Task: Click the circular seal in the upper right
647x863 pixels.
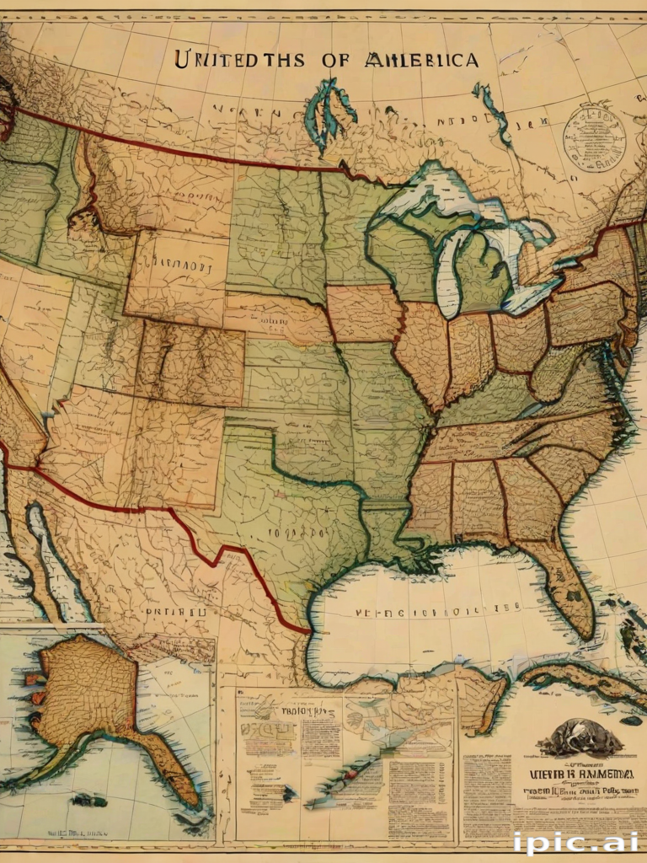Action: (594, 137)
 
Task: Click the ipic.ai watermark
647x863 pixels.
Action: (575, 841)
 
